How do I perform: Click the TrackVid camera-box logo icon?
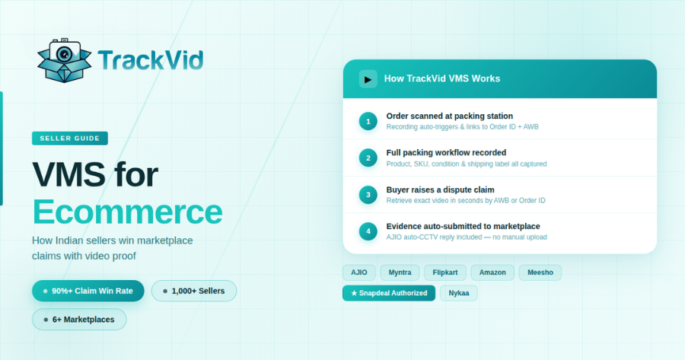[64, 60]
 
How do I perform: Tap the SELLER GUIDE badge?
[70, 139]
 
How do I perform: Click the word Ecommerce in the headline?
[127, 212]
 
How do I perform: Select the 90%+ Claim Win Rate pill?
[88, 291]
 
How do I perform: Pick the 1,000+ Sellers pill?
[194, 291]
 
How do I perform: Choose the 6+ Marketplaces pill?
[79, 320]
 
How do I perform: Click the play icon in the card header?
[368, 78]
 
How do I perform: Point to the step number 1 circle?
[368, 121]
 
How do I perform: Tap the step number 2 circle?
[368, 158]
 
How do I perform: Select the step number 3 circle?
[368, 195]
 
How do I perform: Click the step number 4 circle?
[368, 231]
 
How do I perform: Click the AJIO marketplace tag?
[358, 272]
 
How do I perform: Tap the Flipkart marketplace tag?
[445, 272]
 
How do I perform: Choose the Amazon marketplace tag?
[492, 272]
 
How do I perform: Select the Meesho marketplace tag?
[540, 272]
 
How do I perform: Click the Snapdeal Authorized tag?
[389, 293]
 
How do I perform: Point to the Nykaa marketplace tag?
[459, 293]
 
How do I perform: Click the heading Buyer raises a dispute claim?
[440, 190]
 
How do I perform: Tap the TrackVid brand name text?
[150, 59]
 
